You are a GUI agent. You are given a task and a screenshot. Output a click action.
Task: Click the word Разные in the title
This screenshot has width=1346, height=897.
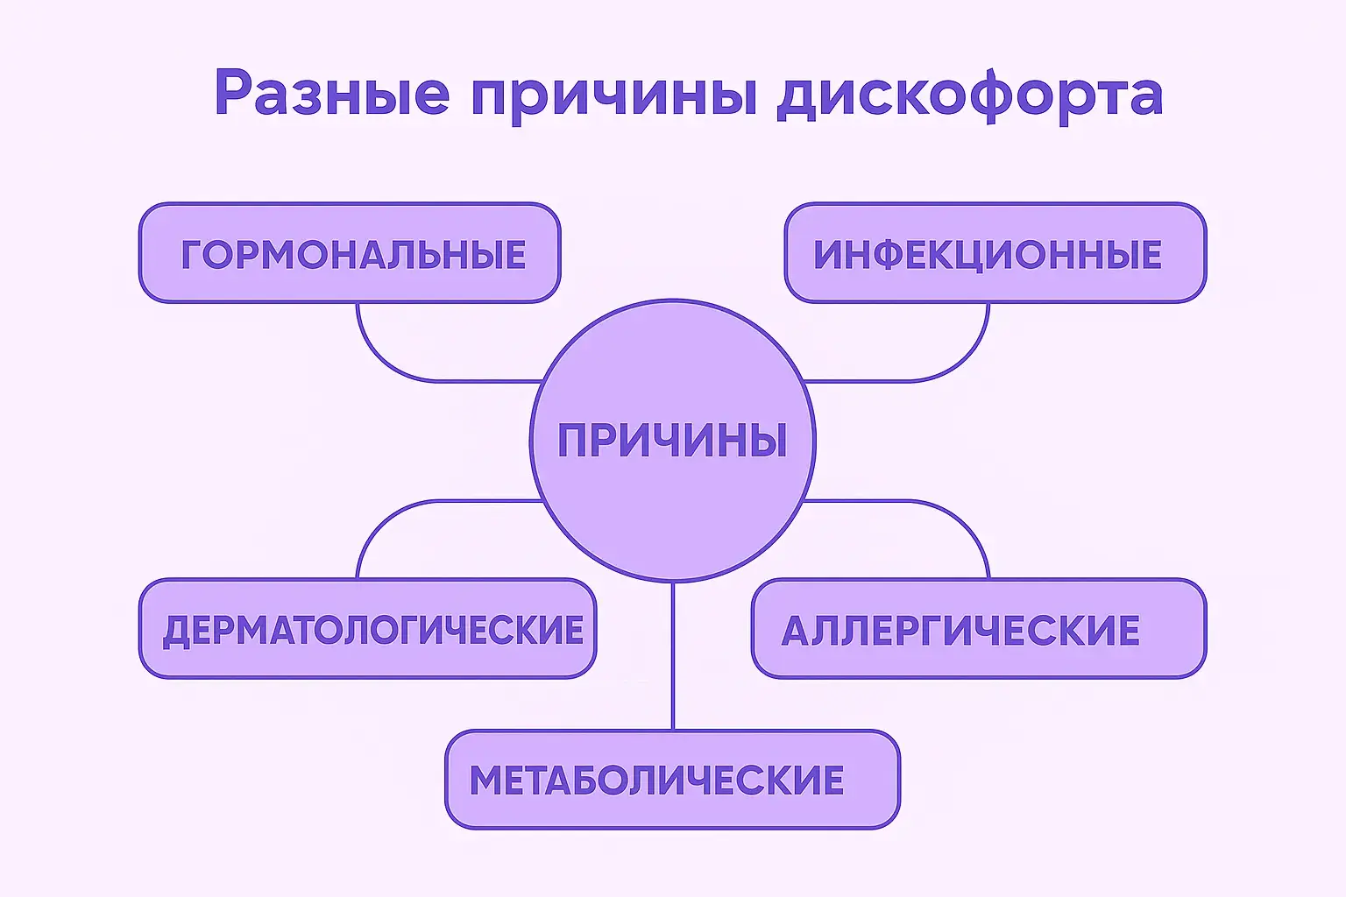click(331, 94)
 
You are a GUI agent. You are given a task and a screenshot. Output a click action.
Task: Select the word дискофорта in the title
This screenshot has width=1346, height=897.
click(969, 96)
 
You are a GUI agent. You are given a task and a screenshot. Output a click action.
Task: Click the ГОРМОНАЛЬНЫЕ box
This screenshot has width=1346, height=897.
click(349, 253)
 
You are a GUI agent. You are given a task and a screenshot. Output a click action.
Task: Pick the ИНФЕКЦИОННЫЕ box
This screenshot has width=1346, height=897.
click(995, 253)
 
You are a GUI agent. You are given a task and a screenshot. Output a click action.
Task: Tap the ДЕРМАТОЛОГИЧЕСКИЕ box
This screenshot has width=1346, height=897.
click(367, 628)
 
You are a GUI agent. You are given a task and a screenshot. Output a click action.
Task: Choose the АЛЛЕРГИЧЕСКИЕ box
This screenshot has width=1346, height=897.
click(978, 628)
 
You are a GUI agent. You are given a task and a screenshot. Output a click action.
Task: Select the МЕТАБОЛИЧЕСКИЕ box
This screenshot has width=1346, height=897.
click(672, 779)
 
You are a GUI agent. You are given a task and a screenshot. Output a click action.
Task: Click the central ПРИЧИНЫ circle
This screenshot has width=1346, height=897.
click(672, 440)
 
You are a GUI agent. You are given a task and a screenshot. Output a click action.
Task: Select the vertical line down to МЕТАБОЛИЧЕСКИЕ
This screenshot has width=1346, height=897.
click(673, 657)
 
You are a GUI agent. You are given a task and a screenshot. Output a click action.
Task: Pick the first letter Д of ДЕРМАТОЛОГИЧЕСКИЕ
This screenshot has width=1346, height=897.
click(177, 631)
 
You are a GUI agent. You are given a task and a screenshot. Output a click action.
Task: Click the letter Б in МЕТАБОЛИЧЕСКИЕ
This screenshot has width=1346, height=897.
click(614, 780)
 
